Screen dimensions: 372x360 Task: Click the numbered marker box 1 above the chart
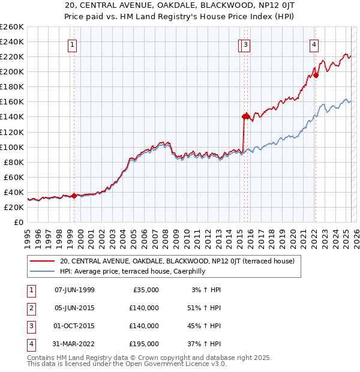pos(73,44)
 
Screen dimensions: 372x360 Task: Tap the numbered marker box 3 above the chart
pos(246,44)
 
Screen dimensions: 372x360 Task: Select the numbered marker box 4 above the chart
pos(314,44)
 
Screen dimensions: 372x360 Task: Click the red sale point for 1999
pos(74,196)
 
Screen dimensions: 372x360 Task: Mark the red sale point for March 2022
pos(316,75)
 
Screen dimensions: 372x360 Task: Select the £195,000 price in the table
pos(144,344)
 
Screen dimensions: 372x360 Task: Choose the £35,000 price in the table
pos(146,290)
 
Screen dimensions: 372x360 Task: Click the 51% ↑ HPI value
pos(203,308)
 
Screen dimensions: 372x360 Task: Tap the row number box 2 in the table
pos(30,308)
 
